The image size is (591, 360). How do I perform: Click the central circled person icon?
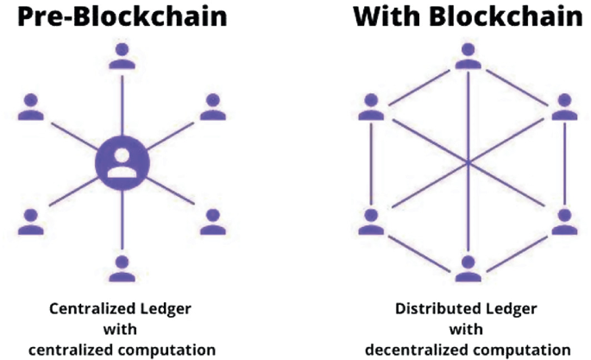pos(123,162)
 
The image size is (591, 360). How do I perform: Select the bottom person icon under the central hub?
pos(123,268)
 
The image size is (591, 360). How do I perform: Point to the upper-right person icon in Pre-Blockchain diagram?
pos(212,107)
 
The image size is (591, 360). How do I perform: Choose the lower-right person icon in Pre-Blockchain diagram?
pos(212,221)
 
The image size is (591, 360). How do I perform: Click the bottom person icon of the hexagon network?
pos(467,268)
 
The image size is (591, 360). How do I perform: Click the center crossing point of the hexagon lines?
pos(467,162)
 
